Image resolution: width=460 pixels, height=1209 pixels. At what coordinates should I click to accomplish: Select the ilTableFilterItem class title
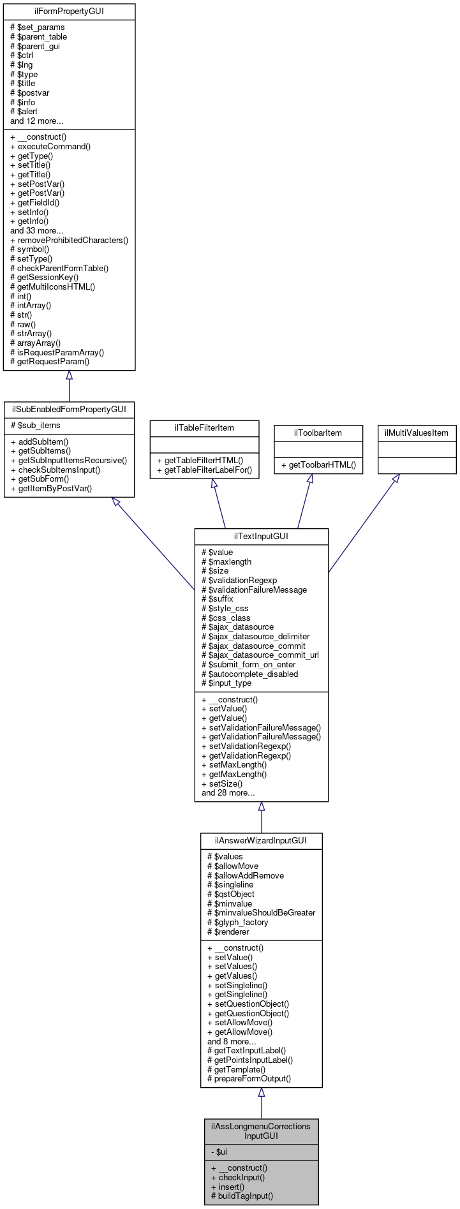coord(204,428)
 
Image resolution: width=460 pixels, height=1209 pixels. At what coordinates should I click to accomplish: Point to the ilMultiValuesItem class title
coord(417,433)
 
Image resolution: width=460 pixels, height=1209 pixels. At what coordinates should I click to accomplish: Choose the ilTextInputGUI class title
coord(261,537)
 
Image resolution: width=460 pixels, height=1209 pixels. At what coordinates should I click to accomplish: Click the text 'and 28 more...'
coord(228,793)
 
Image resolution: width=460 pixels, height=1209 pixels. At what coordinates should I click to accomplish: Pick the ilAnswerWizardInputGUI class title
coord(261,841)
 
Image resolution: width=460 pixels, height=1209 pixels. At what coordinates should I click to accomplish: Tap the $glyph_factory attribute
coord(238,923)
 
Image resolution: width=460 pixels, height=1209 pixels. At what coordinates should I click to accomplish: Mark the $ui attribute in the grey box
coord(219,1152)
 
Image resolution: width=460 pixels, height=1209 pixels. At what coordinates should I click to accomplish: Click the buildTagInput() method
coord(242,1196)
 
